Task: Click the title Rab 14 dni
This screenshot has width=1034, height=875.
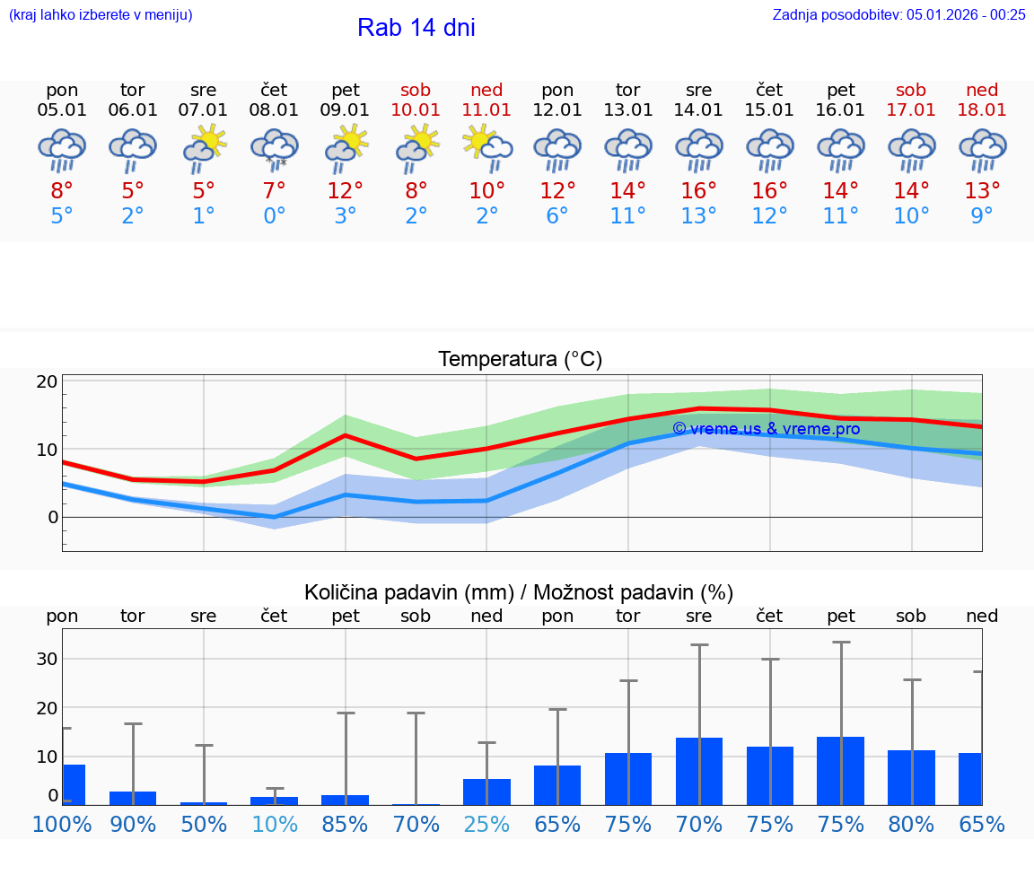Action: pos(416,28)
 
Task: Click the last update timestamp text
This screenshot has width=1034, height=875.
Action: pos(898,14)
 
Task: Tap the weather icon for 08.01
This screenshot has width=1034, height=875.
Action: pos(275,148)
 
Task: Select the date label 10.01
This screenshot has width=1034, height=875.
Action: pos(416,110)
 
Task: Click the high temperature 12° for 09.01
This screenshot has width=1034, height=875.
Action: pos(346,191)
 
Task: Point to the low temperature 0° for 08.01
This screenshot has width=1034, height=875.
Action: pos(275,216)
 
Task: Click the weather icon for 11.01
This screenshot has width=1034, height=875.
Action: pos(487,148)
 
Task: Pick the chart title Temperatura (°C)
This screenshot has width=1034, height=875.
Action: pos(520,360)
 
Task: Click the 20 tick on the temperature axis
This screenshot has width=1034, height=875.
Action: pos(48,381)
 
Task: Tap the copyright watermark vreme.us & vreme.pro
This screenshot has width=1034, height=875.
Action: pos(766,429)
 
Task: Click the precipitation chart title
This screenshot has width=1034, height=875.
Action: pos(519,592)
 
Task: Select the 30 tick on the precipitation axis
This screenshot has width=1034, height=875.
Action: pos(48,659)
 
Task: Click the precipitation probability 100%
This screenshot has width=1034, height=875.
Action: pos(62,824)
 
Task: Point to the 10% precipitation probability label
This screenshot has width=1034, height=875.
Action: pos(275,824)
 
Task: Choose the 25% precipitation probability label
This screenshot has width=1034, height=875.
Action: pos(487,824)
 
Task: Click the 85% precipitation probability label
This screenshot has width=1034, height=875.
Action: pos(346,824)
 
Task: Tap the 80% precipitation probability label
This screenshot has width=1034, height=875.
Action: pos(911,824)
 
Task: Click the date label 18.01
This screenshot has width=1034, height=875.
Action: pos(982,110)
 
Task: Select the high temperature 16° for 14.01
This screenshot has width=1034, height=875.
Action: pos(699,191)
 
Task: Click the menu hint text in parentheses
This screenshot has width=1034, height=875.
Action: pos(101,14)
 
